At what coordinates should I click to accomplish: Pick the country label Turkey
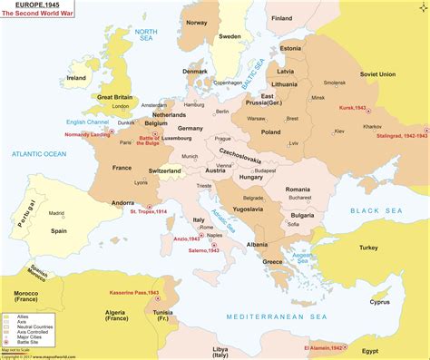coord(368,248)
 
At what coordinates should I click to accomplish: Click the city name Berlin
coord(222,111)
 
